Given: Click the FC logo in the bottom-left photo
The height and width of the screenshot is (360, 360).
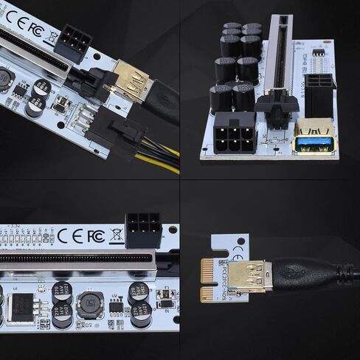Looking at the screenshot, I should [95, 236].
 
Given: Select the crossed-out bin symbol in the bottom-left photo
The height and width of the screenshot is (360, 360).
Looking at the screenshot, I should [115, 236].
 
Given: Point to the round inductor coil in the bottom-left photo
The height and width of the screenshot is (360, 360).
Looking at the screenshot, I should [91, 303].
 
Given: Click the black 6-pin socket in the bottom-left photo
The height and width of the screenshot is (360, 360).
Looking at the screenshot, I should [143, 230].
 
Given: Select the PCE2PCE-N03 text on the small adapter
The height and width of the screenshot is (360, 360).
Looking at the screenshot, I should [219, 272].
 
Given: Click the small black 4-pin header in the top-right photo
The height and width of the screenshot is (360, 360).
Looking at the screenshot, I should [318, 53].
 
